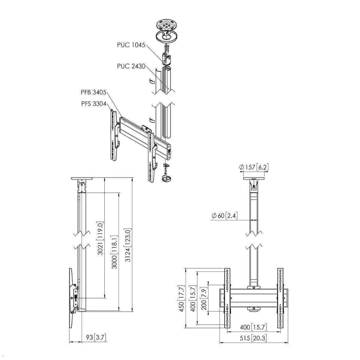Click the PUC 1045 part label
coord(131,45)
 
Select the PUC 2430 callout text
coord(131,66)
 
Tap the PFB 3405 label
coord(94,92)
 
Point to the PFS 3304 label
coord(94,104)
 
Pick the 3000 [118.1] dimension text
coord(115,251)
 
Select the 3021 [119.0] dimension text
coord(100,238)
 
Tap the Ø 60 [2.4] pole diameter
coord(225,215)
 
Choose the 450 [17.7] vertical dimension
coord(182,298)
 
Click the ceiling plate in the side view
coord(82,179)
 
